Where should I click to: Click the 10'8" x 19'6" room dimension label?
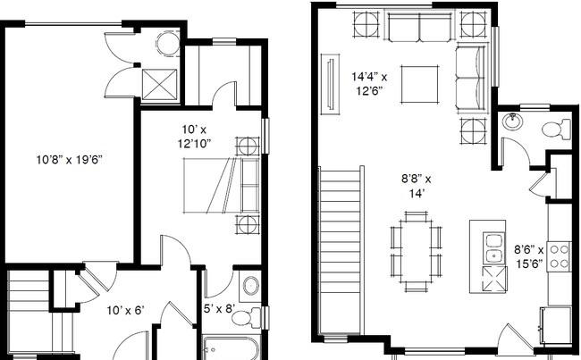[x=70, y=160]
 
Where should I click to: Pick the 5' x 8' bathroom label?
[x=220, y=310]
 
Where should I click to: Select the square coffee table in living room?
[x=418, y=85]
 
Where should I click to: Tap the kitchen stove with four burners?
[x=560, y=255]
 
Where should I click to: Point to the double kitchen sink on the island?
[x=493, y=248]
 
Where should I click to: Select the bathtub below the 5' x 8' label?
[x=231, y=347]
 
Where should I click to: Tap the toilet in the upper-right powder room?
[x=554, y=130]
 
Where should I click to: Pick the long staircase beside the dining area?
[x=340, y=250]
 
